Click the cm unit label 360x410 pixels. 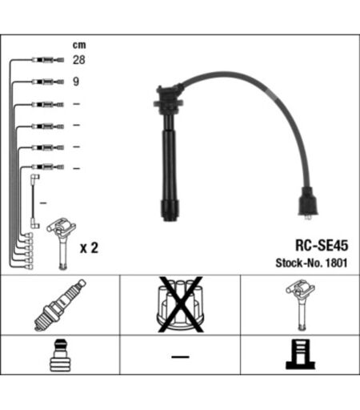pyautogui.click(x=79, y=45)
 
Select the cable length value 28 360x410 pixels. pyautogui.click(x=79, y=60)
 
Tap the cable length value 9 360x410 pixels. pyautogui.click(x=76, y=82)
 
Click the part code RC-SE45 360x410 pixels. pyautogui.click(x=322, y=245)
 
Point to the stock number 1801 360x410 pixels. pyautogui.click(x=336, y=263)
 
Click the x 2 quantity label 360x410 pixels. pyautogui.click(x=89, y=248)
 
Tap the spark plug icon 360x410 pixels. pyautogui.click(x=60, y=305)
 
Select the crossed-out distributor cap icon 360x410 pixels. pyautogui.click(x=180, y=304)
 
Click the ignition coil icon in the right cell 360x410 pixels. pyautogui.click(x=301, y=304)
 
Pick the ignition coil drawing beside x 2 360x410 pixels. pyautogui.click(x=62, y=243)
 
